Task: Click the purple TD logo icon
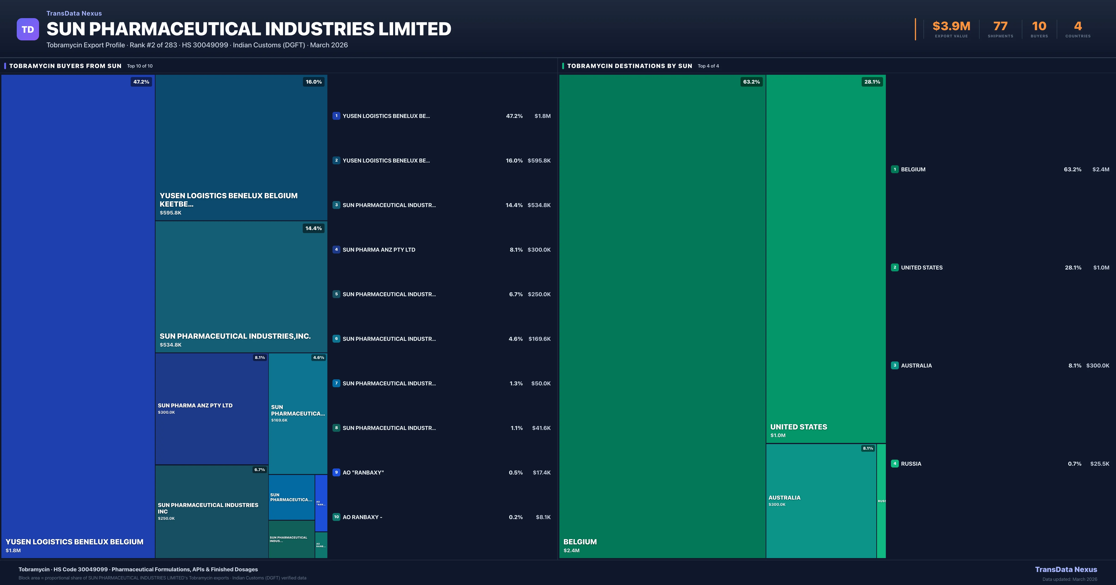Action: tap(28, 29)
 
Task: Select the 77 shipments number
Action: tap(1000, 26)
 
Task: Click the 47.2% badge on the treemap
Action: tap(141, 82)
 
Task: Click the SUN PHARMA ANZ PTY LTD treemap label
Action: tap(195, 405)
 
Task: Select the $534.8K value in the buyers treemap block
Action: tap(171, 345)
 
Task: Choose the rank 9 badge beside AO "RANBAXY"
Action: tap(336, 472)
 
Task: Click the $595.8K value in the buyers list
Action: tap(539, 161)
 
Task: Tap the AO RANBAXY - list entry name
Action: tap(362, 517)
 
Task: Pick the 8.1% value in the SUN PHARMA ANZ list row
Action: tap(516, 250)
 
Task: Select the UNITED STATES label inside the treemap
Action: tap(798, 427)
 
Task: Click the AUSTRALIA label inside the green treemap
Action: tap(784, 497)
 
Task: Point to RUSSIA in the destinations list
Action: tap(911, 464)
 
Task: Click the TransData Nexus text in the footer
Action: tap(1066, 569)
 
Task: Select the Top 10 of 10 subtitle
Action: tap(139, 66)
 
